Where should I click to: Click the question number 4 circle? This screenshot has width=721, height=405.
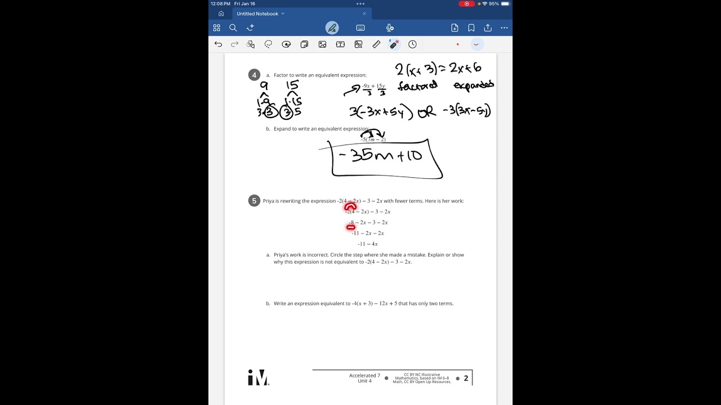pyautogui.click(x=254, y=75)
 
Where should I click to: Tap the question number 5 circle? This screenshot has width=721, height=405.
pyautogui.click(x=254, y=201)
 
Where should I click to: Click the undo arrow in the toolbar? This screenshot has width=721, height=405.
pyautogui.click(x=219, y=44)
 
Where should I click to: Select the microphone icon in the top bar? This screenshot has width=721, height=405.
pyautogui.click(x=390, y=28)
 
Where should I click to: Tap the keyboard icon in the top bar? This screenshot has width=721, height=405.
pyautogui.click(x=360, y=28)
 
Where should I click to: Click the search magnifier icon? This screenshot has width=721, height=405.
pyautogui.click(x=233, y=28)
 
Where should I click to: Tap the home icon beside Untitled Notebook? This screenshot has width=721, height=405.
pyautogui.click(x=221, y=13)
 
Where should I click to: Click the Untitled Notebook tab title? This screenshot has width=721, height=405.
pyautogui.click(x=257, y=13)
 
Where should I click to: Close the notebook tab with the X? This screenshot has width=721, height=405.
pyautogui.click(x=364, y=13)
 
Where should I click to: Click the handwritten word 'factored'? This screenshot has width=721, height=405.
pyautogui.click(x=417, y=86)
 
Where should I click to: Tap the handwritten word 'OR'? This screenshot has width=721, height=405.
pyautogui.click(x=427, y=112)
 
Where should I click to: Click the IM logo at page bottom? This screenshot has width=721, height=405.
pyautogui.click(x=258, y=378)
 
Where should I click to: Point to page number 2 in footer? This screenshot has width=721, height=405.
pyautogui.click(x=466, y=379)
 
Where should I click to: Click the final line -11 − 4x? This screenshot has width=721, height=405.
pyautogui.click(x=368, y=244)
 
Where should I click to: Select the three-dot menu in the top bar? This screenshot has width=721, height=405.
pyautogui.click(x=504, y=28)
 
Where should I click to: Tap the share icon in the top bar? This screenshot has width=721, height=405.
pyautogui.click(x=488, y=28)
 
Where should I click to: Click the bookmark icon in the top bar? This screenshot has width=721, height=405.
pyautogui.click(x=471, y=28)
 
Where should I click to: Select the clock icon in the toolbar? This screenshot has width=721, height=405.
pyautogui.click(x=412, y=44)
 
